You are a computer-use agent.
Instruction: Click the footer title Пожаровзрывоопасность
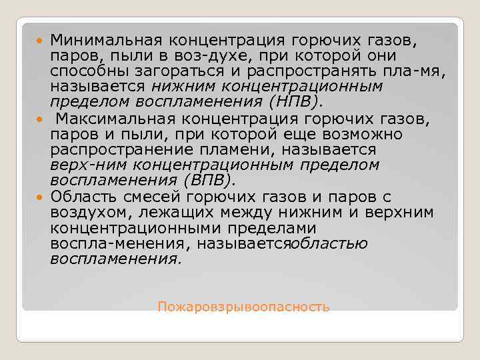point(243,307)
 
